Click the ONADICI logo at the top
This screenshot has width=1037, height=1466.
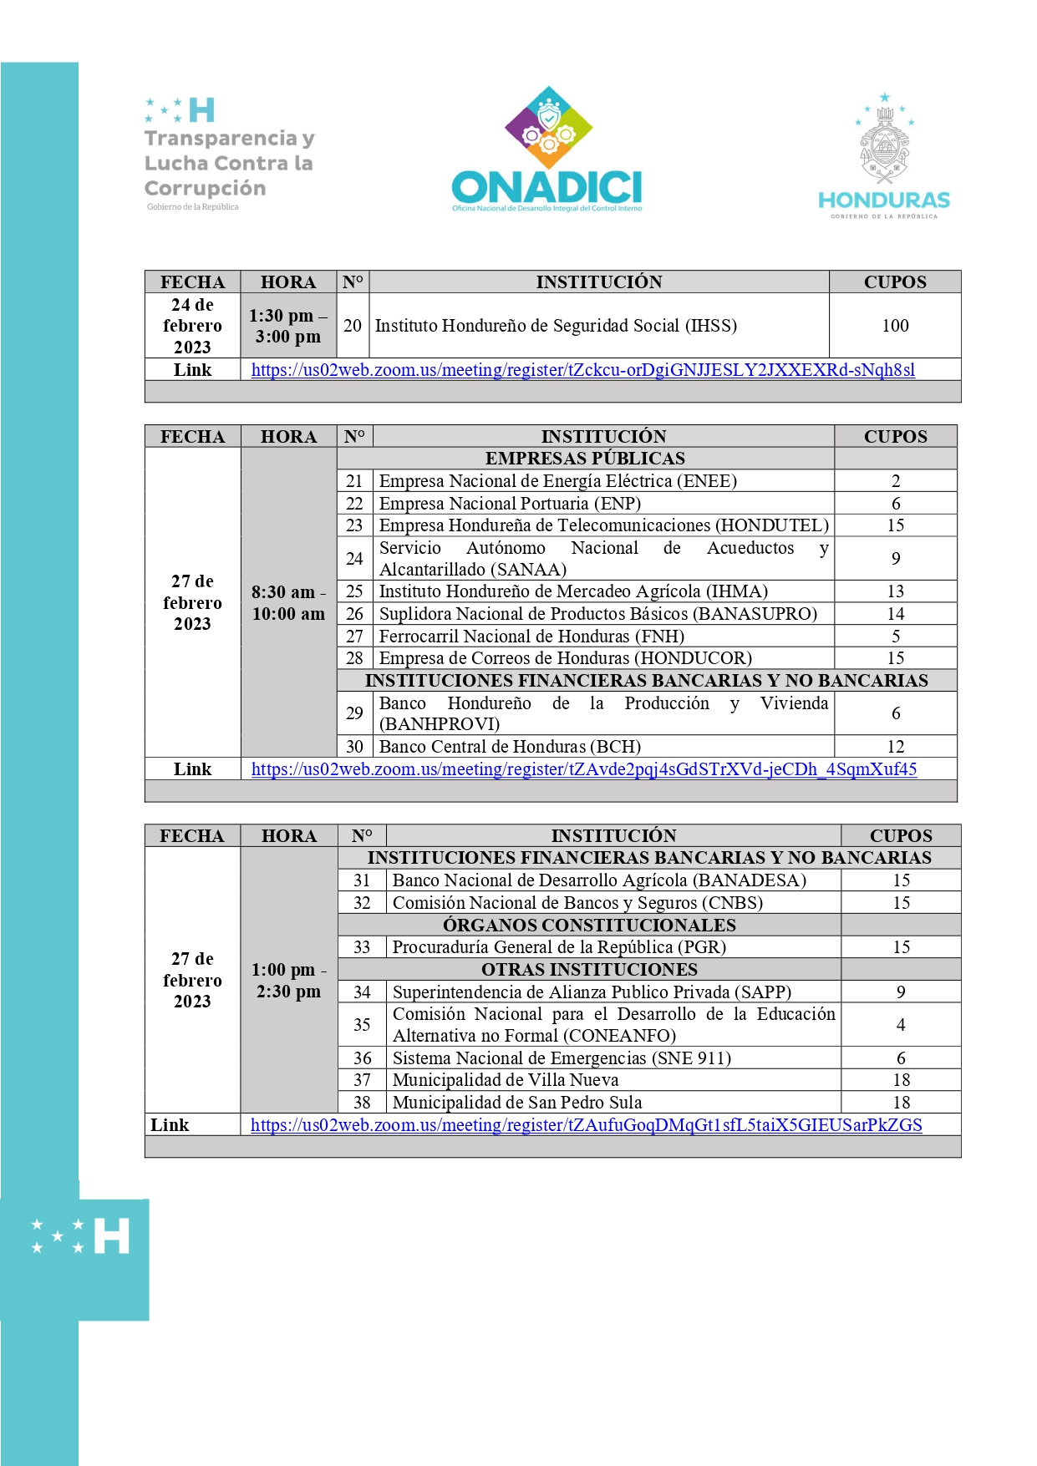(x=547, y=150)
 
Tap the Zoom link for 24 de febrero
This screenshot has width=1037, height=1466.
(x=582, y=370)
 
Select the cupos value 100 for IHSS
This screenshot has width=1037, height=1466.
(x=895, y=326)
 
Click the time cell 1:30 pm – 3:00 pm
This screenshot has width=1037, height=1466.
(x=288, y=326)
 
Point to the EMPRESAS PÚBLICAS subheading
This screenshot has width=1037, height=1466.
(x=585, y=459)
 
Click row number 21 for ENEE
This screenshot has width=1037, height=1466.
(x=354, y=481)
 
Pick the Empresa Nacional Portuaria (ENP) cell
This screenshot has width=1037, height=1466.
(x=510, y=504)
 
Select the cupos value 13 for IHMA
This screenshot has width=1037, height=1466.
(x=895, y=591)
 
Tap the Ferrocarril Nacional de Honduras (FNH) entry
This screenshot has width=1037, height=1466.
(x=531, y=637)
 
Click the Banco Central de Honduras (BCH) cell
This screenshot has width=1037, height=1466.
(x=510, y=747)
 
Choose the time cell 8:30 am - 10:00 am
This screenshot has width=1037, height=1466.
(x=288, y=603)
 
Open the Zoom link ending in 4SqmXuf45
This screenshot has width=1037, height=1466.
(x=583, y=769)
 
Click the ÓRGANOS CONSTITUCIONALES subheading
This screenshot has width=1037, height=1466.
(x=589, y=926)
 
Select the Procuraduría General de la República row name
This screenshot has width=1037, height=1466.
(x=559, y=947)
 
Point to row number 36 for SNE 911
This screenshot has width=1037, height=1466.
(x=362, y=1058)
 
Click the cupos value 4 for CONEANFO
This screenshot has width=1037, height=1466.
(x=900, y=1025)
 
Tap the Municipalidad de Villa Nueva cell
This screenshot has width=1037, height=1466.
(x=506, y=1080)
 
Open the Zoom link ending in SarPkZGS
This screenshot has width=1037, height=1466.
(x=586, y=1125)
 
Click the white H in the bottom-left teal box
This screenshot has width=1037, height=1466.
(x=111, y=1235)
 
